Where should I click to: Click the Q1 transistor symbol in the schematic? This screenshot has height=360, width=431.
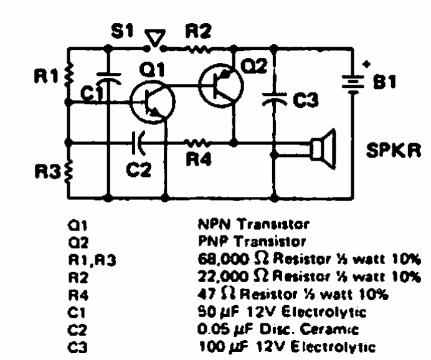153,102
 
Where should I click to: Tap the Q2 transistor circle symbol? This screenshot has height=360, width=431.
221,85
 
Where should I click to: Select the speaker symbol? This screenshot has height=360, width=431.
323,149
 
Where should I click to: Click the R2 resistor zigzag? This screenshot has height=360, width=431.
197,49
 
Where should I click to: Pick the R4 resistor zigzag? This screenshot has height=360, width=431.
197,143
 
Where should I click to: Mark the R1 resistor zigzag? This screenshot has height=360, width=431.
69,73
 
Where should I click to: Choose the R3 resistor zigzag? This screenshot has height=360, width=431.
69,171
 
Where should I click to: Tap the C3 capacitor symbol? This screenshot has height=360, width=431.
274,100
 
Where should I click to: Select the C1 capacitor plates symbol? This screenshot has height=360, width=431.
108,78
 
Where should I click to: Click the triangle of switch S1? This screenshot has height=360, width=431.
155,38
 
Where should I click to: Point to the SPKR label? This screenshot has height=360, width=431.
394,150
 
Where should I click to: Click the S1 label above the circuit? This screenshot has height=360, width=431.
122,31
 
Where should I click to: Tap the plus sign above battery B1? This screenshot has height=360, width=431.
366,64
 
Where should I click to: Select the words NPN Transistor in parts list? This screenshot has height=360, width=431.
253,224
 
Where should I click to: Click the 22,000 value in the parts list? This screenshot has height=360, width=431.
222,276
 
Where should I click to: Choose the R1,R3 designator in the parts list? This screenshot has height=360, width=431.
92,260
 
